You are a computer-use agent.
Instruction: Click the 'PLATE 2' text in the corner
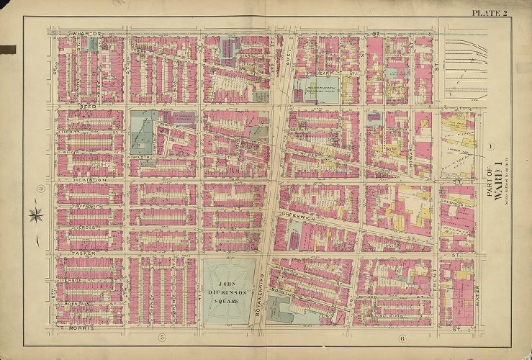tap(490, 13)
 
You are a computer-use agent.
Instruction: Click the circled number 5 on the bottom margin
tap(162, 337)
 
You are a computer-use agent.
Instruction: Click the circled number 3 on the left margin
tap(42, 189)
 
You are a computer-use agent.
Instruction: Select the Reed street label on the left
tap(88, 105)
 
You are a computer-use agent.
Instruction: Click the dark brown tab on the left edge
tap(7, 49)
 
